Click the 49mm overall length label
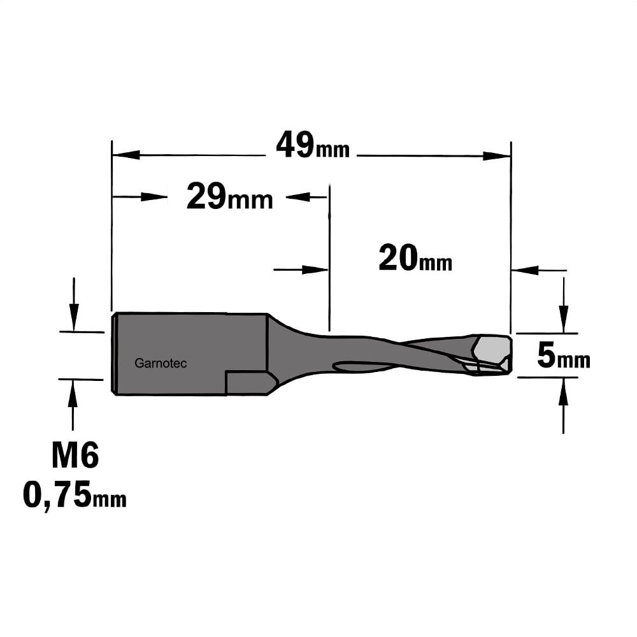[x=313, y=145]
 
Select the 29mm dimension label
[x=229, y=197]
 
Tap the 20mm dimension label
[x=415, y=258]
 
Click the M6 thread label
[x=75, y=455]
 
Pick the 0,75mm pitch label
[x=75, y=495]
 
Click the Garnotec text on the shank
[x=161, y=363]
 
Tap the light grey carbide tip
[x=492, y=352]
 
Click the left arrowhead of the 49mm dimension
[x=126, y=155]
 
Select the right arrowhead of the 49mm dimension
[x=496, y=156]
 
